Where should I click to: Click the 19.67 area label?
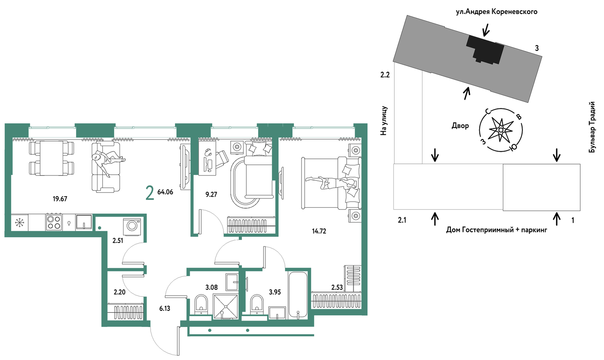pos(60,199)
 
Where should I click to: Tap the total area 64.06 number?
pos(165,192)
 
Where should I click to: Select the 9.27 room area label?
pos(211,195)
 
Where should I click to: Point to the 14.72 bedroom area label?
pos(319,231)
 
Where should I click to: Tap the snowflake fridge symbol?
pos(20,222)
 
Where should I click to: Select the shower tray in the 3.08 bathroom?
pos(226,306)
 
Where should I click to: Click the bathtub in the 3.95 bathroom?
pos(298,295)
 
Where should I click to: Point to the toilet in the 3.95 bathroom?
pos(257,304)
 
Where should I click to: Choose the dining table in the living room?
pos(51,158)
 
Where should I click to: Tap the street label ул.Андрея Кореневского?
pos(497,12)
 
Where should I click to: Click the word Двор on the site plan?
pos(460,126)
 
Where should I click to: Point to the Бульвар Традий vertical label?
pos(592,127)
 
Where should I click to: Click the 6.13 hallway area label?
pos(165,309)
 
